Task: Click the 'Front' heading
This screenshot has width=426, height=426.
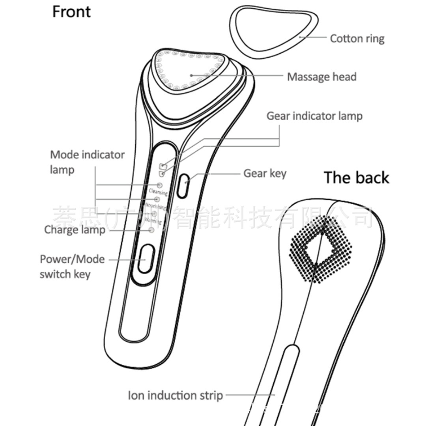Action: click(x=71, y=12)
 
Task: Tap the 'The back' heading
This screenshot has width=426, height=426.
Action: click(x=356, y=178)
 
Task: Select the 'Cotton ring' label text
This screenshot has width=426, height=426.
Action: click(x=357, y=39)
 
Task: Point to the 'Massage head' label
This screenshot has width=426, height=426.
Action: click(x=321, y=77)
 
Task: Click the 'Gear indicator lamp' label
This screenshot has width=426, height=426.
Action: click(x=314, y=116)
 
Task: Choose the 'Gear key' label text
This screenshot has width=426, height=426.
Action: click(x=265, y=173)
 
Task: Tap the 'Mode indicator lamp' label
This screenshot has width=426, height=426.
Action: click(x=87, y=162)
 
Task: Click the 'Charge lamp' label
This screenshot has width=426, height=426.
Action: click(x=75, y=230)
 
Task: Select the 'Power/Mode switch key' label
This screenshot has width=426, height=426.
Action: click(x=72, y=267)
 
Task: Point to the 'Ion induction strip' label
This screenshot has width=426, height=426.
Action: click(x=175, y=395)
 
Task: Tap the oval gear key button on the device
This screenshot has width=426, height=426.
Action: click(x=182, y=186)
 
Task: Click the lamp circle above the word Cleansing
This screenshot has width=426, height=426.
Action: click(x=160, y=185)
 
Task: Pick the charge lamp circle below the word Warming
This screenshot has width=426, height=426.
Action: click(x=151, y=230)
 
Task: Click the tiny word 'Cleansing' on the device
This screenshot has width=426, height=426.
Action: click(x=158, y=192)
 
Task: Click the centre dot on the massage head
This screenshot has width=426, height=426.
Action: click(x=191, y=74)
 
